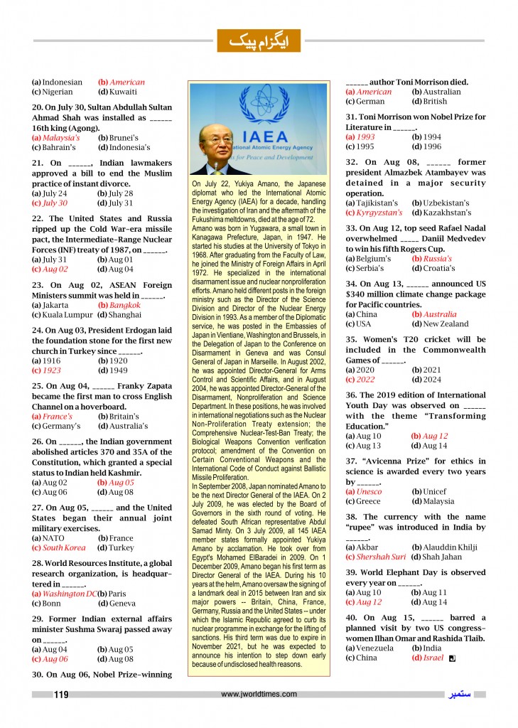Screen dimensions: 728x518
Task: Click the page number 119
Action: (61, 695)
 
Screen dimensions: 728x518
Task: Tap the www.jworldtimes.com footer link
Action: (259, 695)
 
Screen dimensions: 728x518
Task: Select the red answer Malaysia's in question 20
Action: (60, 137)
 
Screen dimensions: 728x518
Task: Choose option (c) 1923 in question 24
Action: (52, 370)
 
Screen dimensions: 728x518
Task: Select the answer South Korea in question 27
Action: (64, 548)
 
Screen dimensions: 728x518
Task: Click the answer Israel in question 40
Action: (433, 658)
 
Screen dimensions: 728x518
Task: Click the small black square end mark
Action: (452, 658)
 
